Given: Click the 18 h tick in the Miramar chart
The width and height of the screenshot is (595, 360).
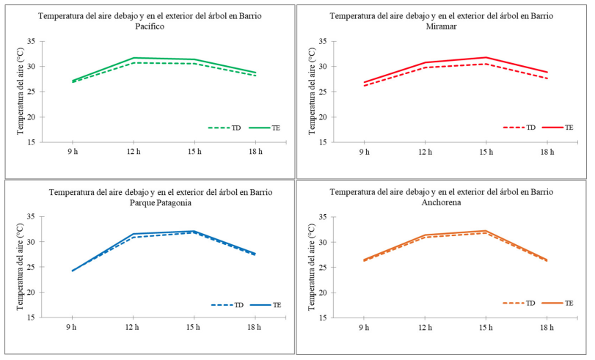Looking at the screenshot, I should coord(547,152).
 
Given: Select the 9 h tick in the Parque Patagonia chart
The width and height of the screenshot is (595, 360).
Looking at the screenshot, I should coord(72,328).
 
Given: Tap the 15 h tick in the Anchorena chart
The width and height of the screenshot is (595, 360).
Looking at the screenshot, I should coord(486,328).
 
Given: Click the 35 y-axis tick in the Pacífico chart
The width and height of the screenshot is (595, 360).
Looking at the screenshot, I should coord(29,41).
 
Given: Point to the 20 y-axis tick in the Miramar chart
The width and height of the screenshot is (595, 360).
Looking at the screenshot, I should coord(322,117).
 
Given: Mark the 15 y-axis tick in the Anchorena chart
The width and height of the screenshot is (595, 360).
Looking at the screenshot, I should coord(322,318).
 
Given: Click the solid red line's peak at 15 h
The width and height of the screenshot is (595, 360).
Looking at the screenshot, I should coord(486,57).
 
